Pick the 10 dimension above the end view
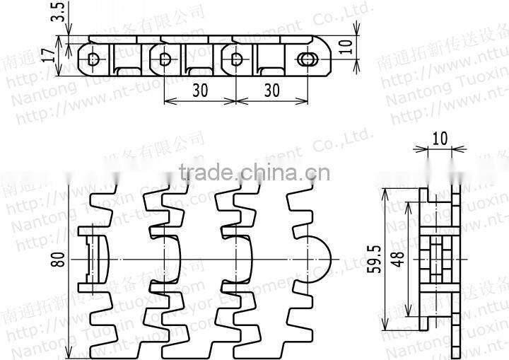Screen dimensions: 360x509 (x=439, y=138)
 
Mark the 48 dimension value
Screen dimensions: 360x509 (x=399, y=260)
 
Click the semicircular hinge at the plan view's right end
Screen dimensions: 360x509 (x=318, y=260)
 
